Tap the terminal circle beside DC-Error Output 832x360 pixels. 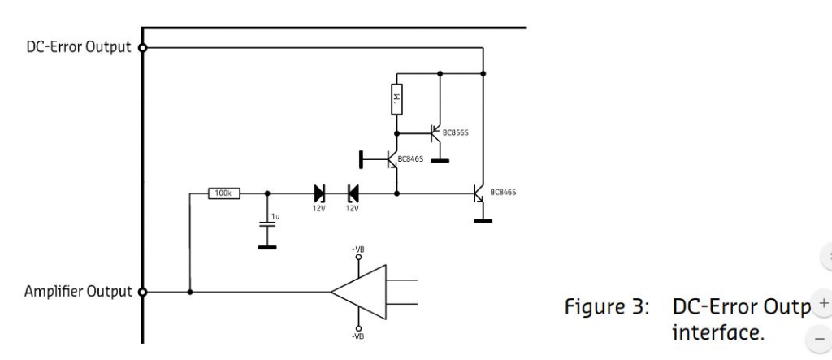click(x=143, y=47)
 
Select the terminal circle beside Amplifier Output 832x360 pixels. click(x=143, y=292)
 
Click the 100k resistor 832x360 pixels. click(x=222, y=193)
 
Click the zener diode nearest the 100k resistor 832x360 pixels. click(x=320, y=193)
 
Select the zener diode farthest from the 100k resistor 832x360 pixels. click(x=353, y=193)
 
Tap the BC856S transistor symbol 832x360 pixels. click(x=436, y=132)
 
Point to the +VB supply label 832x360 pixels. click(x=357, y=248)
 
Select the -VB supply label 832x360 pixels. click(x=357, y=333)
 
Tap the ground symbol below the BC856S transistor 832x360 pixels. click(x=440, y=160)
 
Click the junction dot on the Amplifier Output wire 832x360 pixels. click(x=189, y=292)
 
